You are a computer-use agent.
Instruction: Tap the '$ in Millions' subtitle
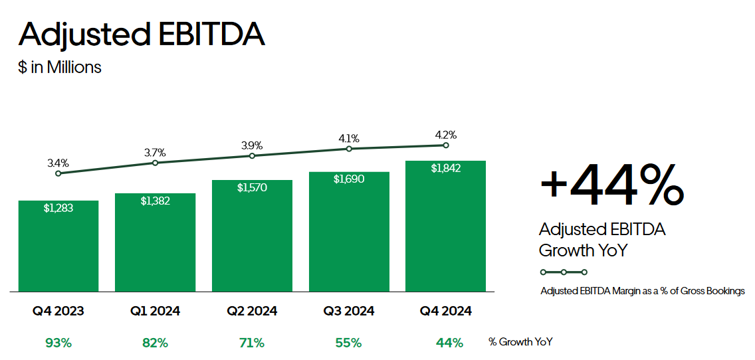[60, 67]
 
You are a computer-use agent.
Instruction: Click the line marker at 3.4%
[58, 173]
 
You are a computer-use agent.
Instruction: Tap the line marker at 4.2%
[445, 145]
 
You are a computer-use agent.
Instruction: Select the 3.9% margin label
[252, 145]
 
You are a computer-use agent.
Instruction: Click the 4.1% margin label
[349, 138]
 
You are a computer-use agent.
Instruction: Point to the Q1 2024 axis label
[155, 311]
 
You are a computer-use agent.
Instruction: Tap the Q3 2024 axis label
[349, 311]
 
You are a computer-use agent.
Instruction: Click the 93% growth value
[58, 343]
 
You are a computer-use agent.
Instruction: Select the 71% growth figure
[252, 343]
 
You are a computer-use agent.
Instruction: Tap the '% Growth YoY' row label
[520, 342]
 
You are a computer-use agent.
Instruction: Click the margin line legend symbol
[564, 272]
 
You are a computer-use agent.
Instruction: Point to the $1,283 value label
[58, 208]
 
